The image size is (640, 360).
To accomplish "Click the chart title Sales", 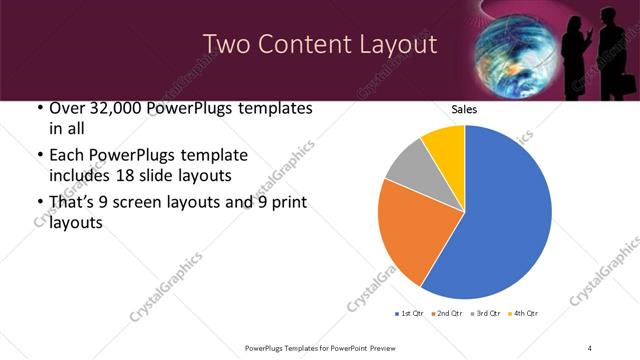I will coord(464,109).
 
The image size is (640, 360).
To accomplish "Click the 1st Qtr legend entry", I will coord(410,313).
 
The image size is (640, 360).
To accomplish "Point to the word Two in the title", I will coord(226,44).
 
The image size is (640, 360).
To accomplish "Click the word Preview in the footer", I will coord(390,347).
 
